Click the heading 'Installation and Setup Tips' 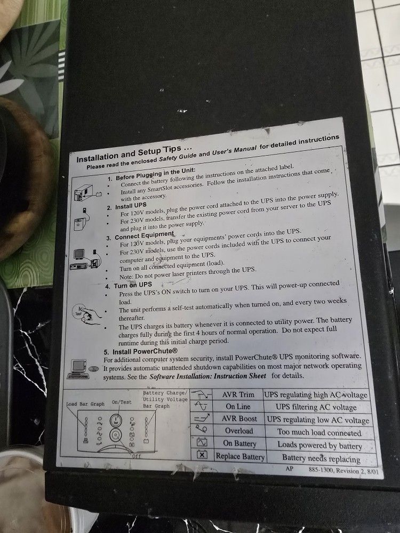pyautogui.click(x=134, y=154)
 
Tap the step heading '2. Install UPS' pyautogui.click(x=131, y=206)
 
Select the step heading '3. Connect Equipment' pyautogui.click(x=144, y=236)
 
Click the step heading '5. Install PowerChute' pyautogui.click(x=145, y=351)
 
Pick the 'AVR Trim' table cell pyautogui.click(x=238, y=394)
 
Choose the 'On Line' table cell pyautogui.click(x=238, y=407)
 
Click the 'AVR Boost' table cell pyautogui.click(x=239, y=419)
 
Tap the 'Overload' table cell pyautogui.click(x=239, y=431)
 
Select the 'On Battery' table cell pyautogui.click(x=239, y=443)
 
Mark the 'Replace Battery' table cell pyautogui.click(x=240, y=457)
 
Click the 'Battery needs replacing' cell pyautogui.click(x=321, y=458)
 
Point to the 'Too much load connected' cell pyautogui.click(x=319, y=433)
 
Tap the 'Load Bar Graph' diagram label pyautogui.click(x=85, y=404)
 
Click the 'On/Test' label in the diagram pyautogui.click(x=122, y=402)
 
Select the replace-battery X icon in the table pyautogui.click(x=202, y=454)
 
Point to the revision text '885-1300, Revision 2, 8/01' pyautogui.click(x=345, y=471)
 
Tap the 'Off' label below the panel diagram pyautogui.click(x=136, y=456)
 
